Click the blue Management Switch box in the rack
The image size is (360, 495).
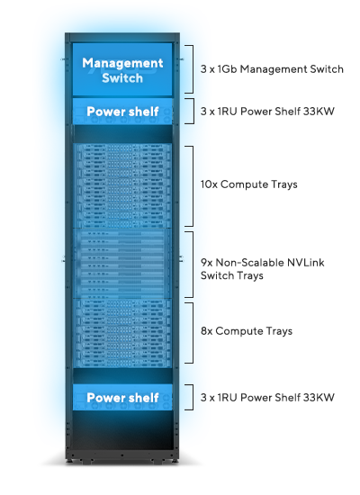click(122, 69)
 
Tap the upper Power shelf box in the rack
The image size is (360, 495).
click(122, 111)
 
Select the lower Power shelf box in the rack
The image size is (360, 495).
click(122, 397)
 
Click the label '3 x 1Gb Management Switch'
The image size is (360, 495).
click(272, 69)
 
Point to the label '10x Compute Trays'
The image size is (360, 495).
click(248, 184)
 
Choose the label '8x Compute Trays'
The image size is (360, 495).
click(247, 331)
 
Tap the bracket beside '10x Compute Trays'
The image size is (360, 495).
click(190, 186)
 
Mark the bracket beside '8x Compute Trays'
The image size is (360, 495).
click(190, 333)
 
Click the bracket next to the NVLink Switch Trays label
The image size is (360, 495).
click(190, 265)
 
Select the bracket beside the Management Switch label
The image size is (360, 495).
click(190, 69)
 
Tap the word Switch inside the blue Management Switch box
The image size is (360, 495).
click(122, 78)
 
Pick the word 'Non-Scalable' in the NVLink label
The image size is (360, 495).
click(250, 263)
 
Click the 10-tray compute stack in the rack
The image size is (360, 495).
click(122, 185)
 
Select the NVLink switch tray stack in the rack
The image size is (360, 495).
click(122, 264)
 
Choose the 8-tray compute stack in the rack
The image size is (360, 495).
click(122, 333)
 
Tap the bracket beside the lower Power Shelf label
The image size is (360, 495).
click(190, 397)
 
